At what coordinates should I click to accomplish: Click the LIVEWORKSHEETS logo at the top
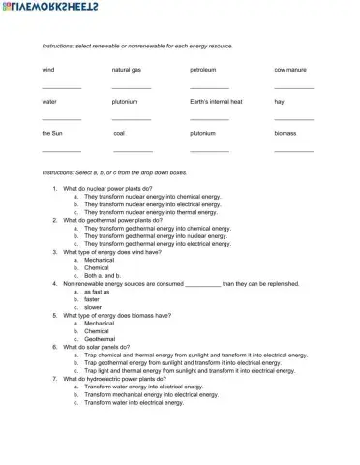[x=44, y=8]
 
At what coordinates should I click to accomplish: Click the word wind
[x=48, y=70]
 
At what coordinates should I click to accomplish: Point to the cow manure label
[x=291, y=70]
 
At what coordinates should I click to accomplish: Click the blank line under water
[x=61, y=119]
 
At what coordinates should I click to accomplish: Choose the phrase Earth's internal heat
[x=216, y=101]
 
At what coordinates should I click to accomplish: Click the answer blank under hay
[x=293, y=119]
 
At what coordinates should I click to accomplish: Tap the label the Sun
[x=52, y=133]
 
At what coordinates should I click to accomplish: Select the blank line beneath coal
[x=133, y=150]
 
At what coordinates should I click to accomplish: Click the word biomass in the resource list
[x=285, y=133]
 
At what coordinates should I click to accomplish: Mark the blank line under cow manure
[x=293, y=88]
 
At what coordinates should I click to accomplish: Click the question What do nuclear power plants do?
[x=107, y=188]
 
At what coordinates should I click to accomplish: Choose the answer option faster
[x=92, y=299]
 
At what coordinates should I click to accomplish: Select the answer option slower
[x=93, y=307]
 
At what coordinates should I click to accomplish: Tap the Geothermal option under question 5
[x=101, y=338]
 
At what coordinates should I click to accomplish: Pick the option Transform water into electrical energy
[x=134, y=402]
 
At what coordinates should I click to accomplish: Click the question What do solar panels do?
[x=103, y=347]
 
